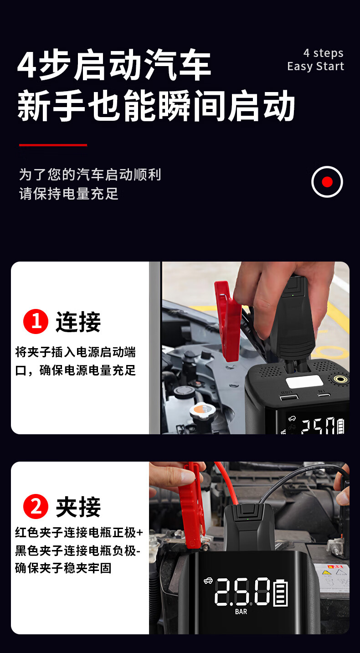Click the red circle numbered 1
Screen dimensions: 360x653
click(x=36, y=321)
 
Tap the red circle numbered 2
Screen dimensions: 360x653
click(x=36, y=506)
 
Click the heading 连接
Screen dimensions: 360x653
click(x=78, y=322)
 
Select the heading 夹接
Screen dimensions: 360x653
click(x=78, y=507)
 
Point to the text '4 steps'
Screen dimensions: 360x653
click(x=323, y=53)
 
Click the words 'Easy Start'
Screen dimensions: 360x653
click(x=316, y=67)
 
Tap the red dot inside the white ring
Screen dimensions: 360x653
click(x=327, y=182)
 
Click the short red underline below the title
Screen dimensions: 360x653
click(x=53, y=145)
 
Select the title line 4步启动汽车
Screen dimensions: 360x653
click(x=114, y=65)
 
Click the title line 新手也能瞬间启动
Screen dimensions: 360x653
click(x=156, y=106)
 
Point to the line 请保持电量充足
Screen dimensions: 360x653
click(x=69, y=194)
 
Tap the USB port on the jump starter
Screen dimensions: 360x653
click(x=289, y=397)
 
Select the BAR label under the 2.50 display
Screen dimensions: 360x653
click(x=241, y=612)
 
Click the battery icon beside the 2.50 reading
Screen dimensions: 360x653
click(x=281, y=593)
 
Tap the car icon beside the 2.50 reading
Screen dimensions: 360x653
click(x=208, y=581)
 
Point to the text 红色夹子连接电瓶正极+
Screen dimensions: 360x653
click(x=79, y=532)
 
